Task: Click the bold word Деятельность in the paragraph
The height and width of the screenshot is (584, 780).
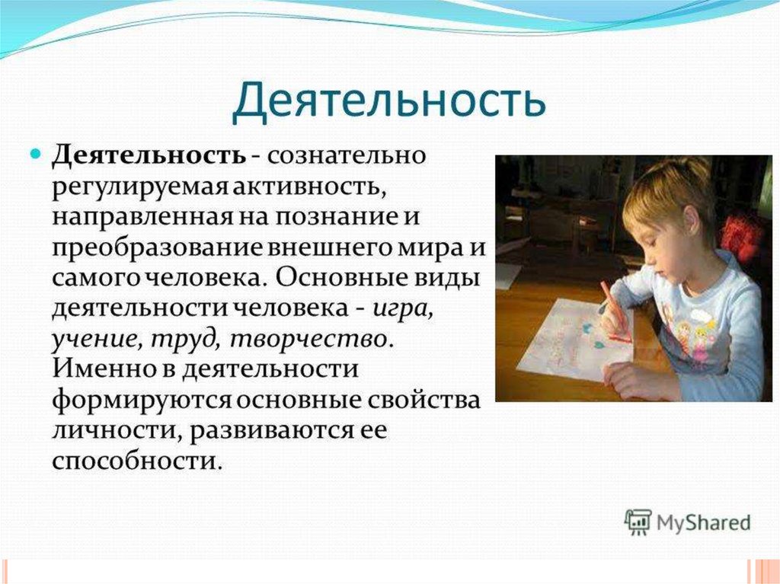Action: (x=149, y=155)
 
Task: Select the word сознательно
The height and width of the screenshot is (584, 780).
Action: (x=347, y=156)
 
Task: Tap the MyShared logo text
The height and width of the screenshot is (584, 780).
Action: (x=703, y=524)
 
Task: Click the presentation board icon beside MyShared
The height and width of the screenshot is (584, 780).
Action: (x=638, y=522)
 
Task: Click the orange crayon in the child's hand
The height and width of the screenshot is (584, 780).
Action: (x=615, y=312)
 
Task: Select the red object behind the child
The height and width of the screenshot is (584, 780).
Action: (x=741, y=234)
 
